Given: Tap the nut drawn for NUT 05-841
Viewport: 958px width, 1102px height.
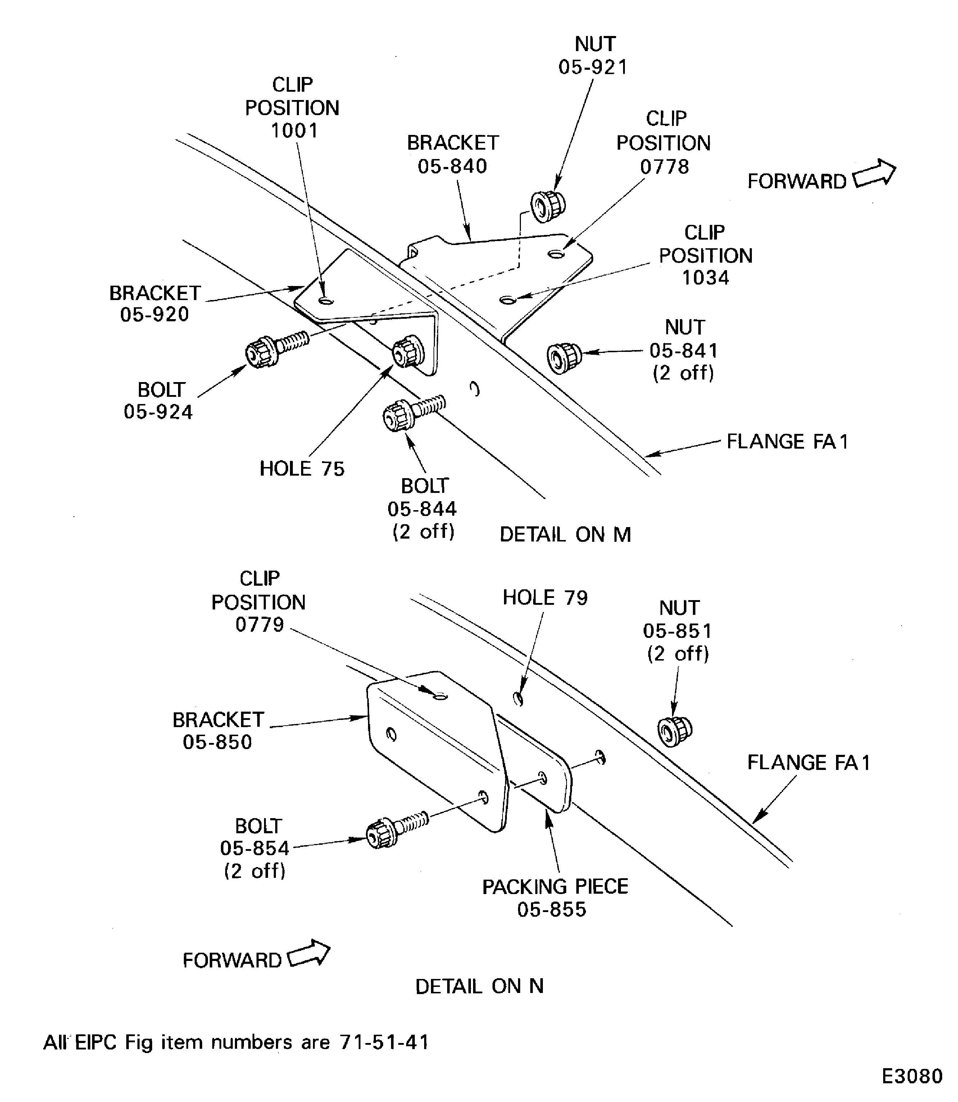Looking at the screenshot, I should (564, 358).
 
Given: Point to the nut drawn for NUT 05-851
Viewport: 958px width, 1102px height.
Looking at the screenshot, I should (674, 730).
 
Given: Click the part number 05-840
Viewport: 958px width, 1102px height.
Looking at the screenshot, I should (452, 166).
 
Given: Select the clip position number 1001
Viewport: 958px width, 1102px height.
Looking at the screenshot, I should (294, 131).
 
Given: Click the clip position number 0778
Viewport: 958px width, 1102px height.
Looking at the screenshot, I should (664, 167).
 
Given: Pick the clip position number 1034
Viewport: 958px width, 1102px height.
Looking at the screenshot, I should (705, 277).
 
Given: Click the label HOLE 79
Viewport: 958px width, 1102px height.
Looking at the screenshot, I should (545, 597).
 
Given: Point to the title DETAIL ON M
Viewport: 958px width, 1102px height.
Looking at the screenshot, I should (565, 534).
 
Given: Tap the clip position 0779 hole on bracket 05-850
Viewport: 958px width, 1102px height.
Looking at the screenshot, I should (440, 696).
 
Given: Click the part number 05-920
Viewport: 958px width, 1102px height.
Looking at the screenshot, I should (154, 314).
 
